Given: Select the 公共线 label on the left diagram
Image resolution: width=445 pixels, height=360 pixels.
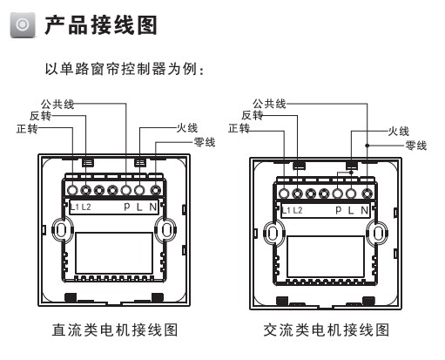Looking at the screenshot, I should tap(57, 104).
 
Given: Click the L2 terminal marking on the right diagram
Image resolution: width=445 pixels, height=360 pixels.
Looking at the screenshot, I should tap(298, 210).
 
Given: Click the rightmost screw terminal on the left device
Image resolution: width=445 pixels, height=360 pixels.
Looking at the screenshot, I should tap(154, 189).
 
